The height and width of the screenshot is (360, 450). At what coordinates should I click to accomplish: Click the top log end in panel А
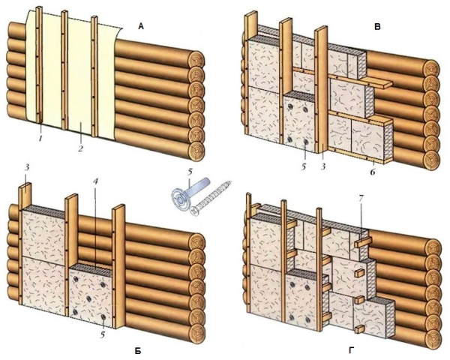(197, 61)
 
